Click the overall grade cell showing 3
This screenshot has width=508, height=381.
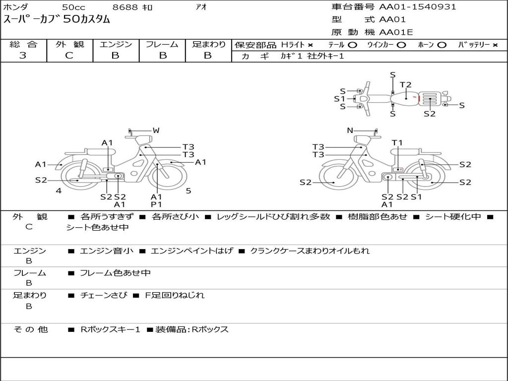(23, 56)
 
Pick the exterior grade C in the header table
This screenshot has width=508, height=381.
(69, 56)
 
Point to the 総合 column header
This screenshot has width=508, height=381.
(23, 44)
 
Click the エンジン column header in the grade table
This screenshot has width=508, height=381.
(116, 44)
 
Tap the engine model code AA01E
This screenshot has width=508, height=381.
(396, 32)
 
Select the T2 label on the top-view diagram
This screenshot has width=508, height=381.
(405, 85)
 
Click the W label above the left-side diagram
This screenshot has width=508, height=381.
(156, 130)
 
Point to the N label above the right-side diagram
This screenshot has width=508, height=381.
(350, 130)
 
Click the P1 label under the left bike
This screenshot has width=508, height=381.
(156, 204)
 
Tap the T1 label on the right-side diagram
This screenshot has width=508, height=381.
(397, 143)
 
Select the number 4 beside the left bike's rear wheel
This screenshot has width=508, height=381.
(59, 190)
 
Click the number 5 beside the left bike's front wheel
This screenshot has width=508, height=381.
(189, 190)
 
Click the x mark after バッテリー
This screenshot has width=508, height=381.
(495, 45)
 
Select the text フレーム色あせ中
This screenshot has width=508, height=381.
(115, 273)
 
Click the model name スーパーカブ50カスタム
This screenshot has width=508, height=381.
(57, 20)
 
